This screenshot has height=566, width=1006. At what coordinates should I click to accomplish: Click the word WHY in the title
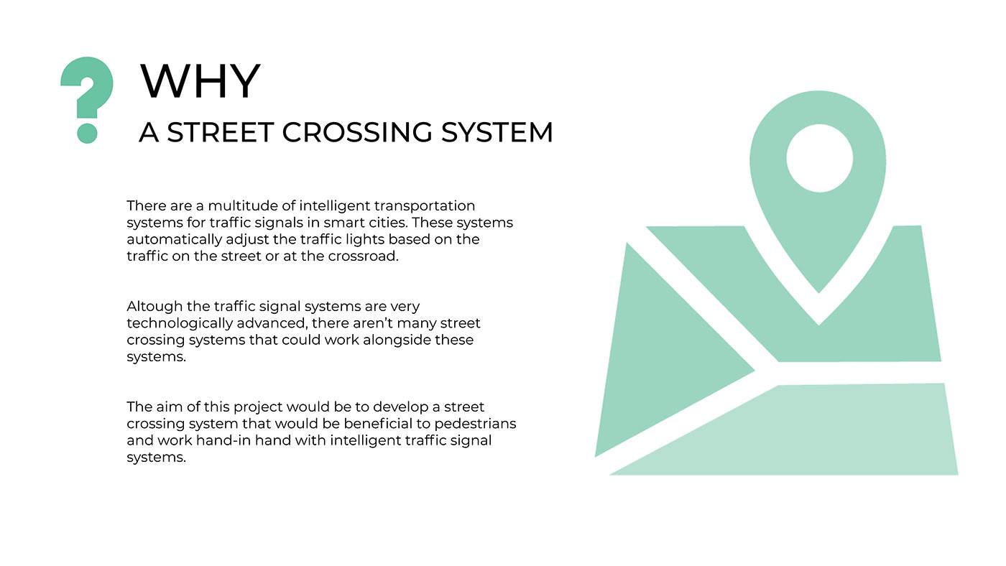click(x=200, y=81)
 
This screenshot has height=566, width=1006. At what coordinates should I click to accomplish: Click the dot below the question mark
click(x=87, y=133)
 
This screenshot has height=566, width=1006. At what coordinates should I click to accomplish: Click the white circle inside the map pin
click(x=819, y=158)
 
